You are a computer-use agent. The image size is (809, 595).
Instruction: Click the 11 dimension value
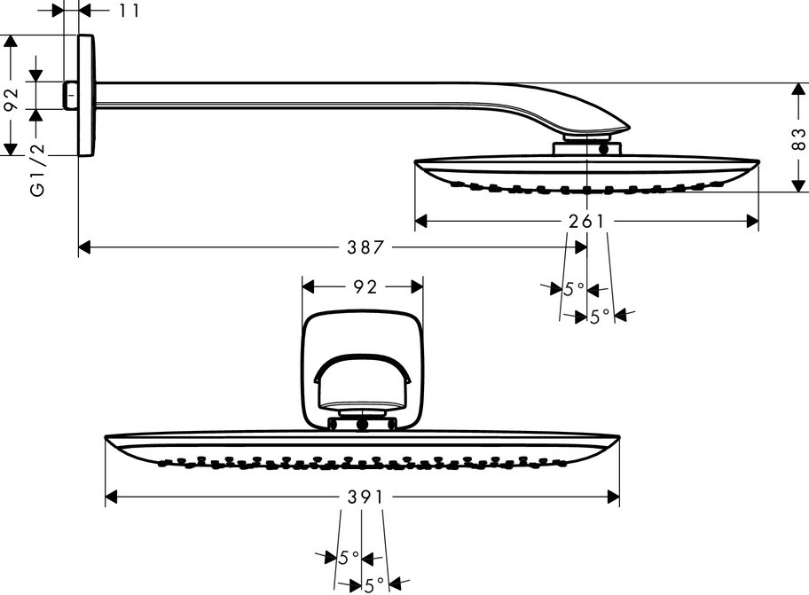(129, 11)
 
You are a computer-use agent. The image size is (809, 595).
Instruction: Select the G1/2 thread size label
(37, 169)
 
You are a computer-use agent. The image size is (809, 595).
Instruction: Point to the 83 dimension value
(798, 139)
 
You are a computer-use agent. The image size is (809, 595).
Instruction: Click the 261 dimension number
(586, 222)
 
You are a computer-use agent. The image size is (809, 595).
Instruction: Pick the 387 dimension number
(365, 247)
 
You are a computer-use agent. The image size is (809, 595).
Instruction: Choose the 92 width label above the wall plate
(365, 286)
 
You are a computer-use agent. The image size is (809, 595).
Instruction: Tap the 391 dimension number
(365, 497)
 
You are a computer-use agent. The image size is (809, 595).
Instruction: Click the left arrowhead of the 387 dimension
(84, 247)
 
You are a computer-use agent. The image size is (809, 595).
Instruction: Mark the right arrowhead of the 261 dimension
(753, 222)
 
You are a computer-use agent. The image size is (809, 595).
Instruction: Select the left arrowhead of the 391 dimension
(112, 497)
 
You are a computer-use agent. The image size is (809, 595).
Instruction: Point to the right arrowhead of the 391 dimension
(613, 497)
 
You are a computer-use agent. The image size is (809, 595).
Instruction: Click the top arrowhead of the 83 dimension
(798, 90)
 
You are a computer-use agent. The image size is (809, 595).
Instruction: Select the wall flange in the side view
(86, 95)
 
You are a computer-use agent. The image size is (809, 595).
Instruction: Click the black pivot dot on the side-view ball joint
(604, 151)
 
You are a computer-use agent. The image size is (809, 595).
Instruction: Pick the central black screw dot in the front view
(362, 425)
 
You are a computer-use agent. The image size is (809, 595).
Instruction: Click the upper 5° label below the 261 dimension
(574, 289)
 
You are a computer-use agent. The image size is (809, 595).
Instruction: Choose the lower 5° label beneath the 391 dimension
(374, 584)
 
